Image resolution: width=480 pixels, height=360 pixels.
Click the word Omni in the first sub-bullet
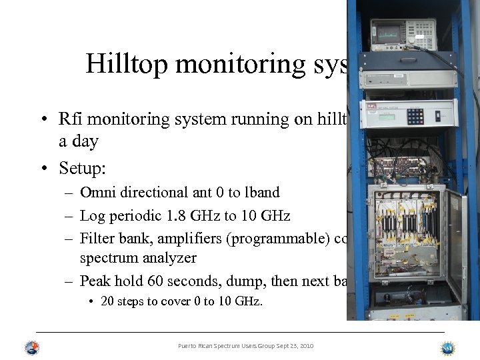click(x=97, y=193)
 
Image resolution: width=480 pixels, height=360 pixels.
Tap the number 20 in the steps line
click(x=107, y=301)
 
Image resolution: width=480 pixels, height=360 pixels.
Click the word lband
click(x=258, y=193)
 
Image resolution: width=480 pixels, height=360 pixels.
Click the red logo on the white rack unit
click(x=371, y=105)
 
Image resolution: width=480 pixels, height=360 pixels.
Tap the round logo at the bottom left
click(x=32, y=348)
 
